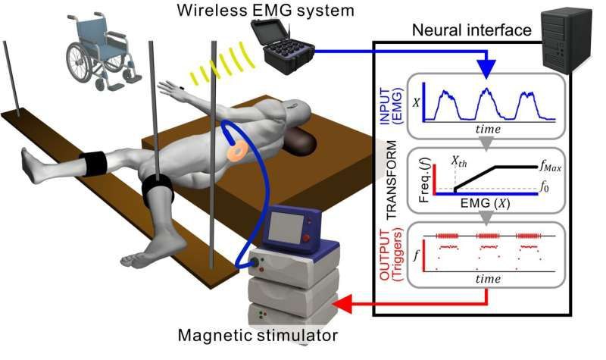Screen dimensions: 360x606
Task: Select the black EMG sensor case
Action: click(x=287, y=47)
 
